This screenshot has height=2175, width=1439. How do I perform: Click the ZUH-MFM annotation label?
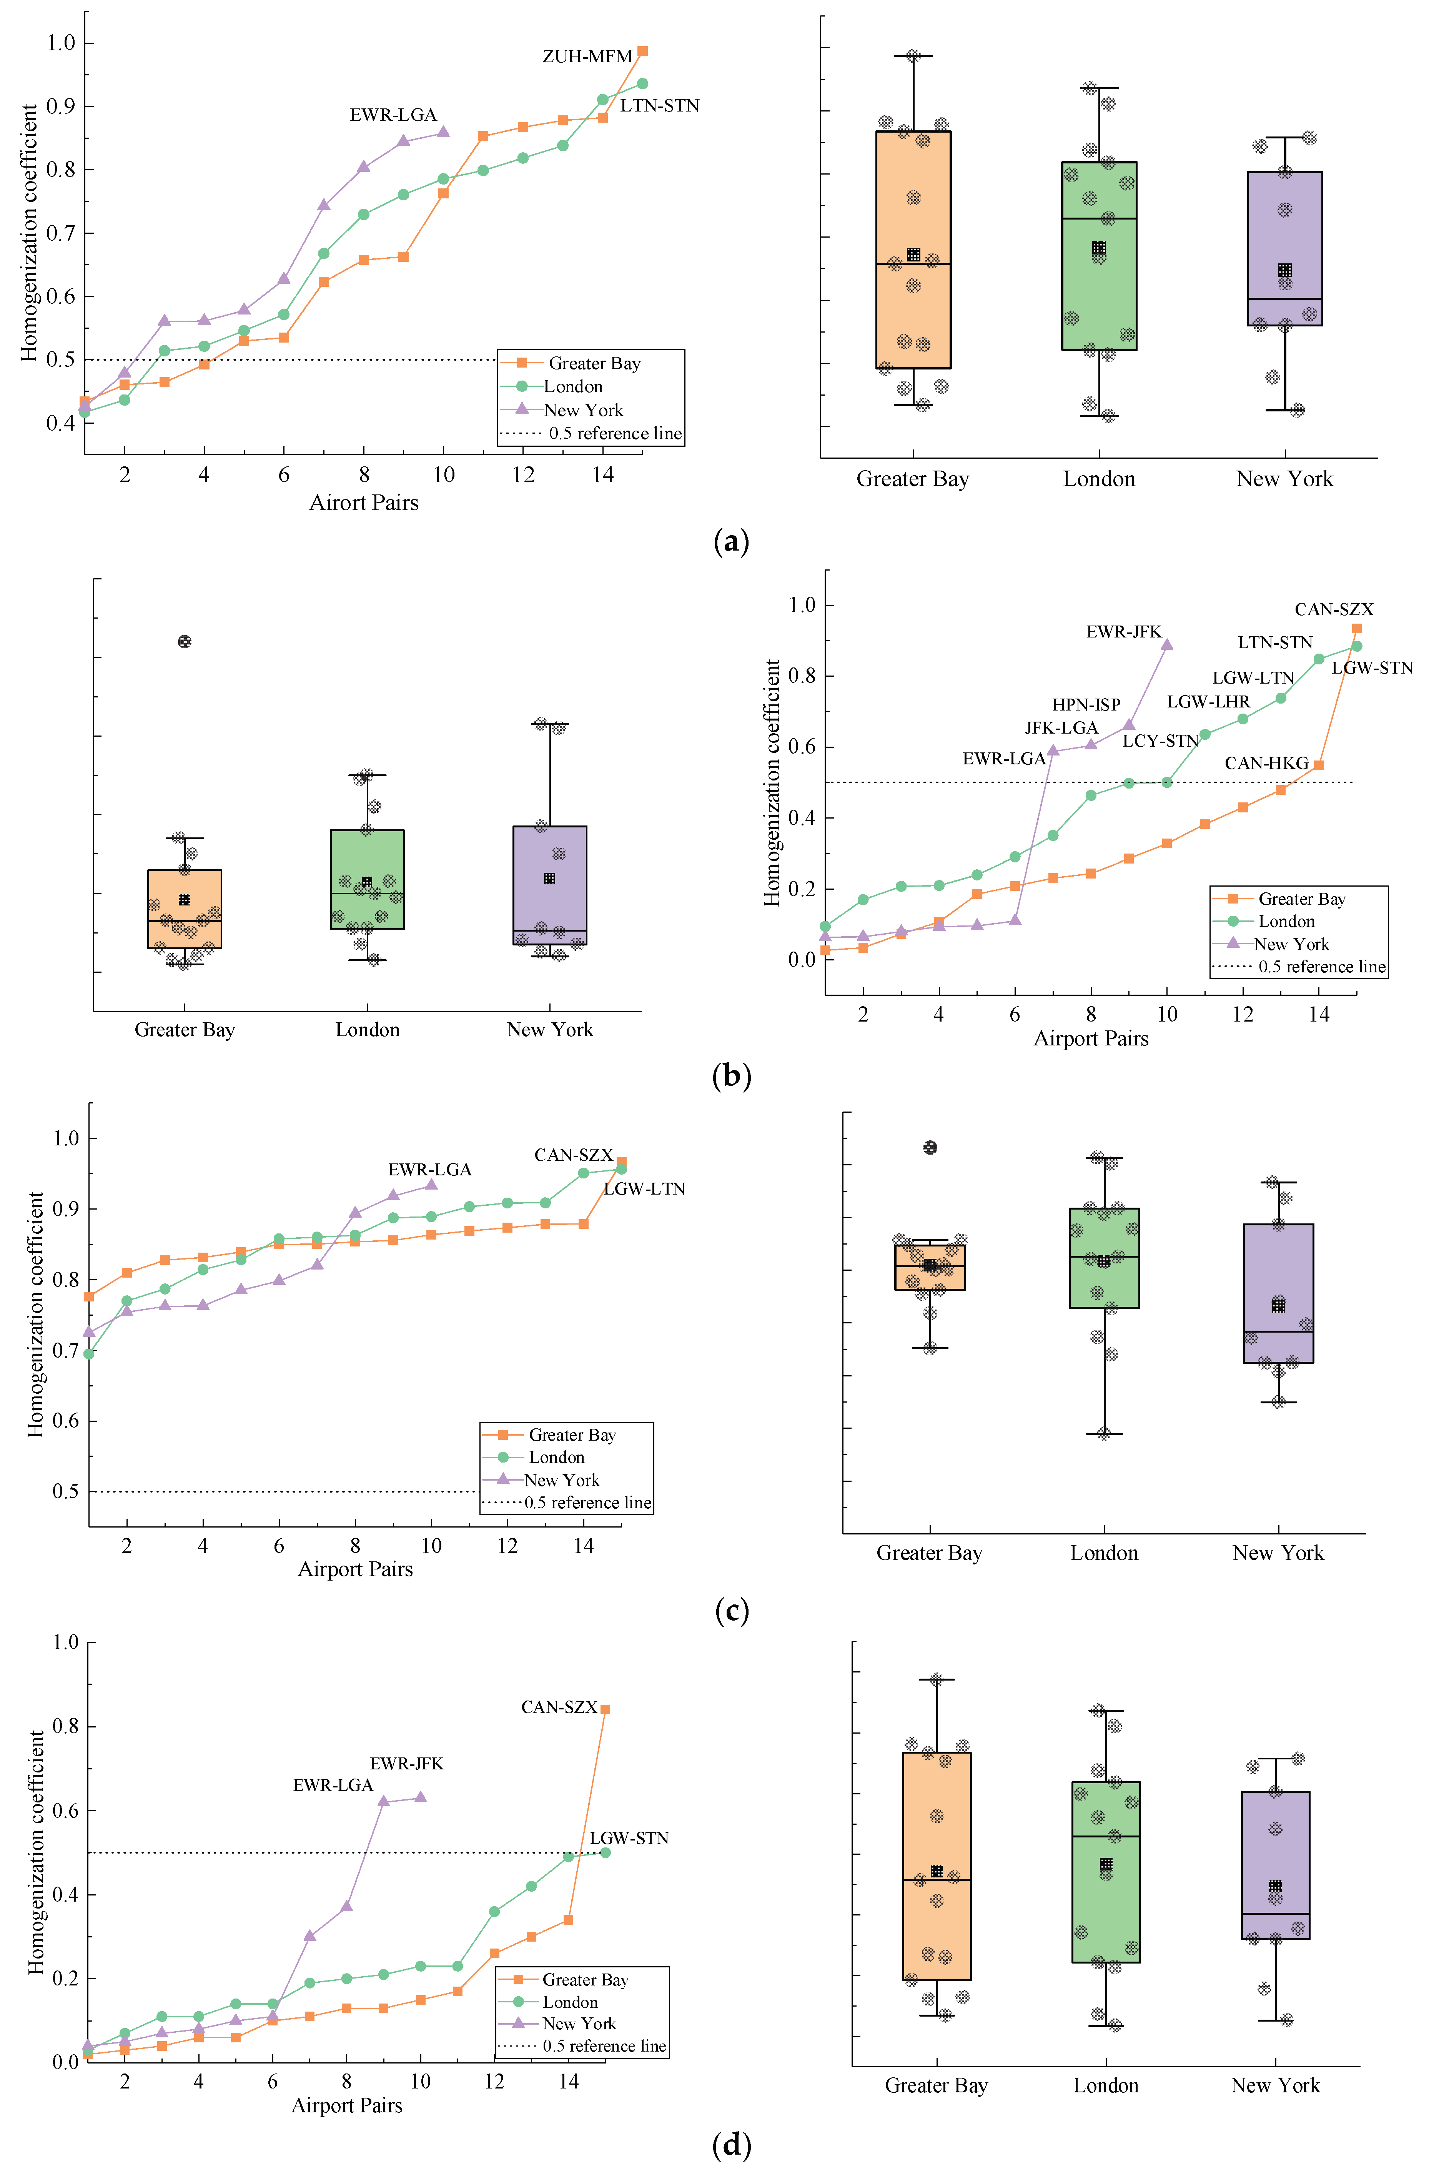pyautogui.click(x=587, y=57)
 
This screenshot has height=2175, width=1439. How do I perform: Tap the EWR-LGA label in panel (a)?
pyautogui.click(x=393, y=115)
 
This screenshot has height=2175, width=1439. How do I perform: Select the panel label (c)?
pyautogui.click(x=732, y=1611)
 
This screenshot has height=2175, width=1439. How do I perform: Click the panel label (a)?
pyautogui.click(x=732, y=541)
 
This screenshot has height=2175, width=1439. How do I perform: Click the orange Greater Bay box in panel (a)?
pyautogui.click(x=913, y=250)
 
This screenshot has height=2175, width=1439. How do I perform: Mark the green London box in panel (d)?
pyautogui.click(x=1106, y=1872)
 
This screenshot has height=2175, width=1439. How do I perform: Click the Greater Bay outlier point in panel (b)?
pyautogui.click(x=185, y=641)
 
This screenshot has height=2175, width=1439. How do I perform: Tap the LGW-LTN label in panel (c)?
pyautogui.click(x=644, y=1188)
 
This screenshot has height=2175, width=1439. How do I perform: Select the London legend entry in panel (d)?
pyautogui.click(x=569, y=2002)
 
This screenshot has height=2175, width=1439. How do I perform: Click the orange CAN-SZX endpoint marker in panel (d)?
pyautogui.click(x=605, y=1709)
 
